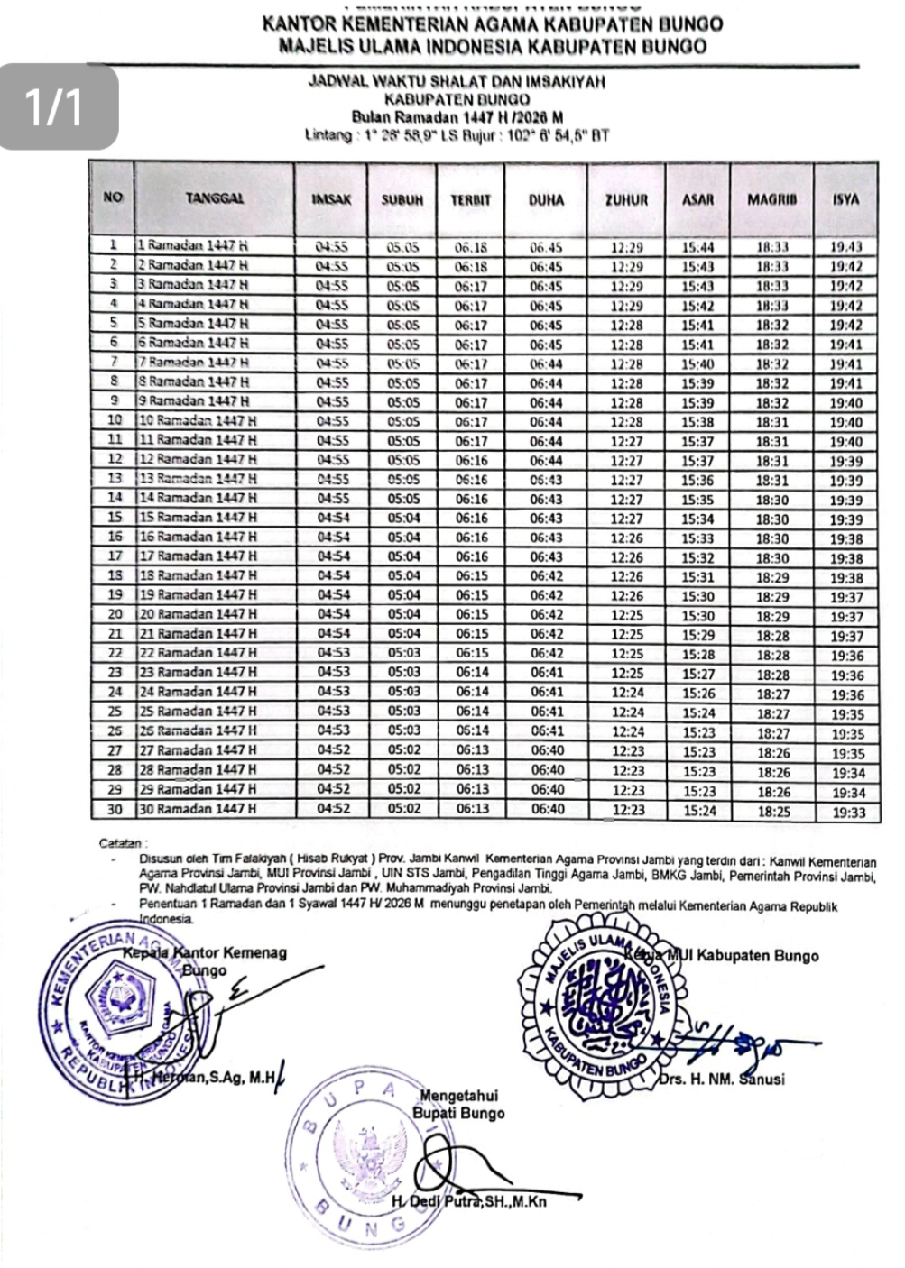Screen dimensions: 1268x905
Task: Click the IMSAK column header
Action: point(331,198)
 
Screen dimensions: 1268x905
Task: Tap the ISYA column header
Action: point(845,198)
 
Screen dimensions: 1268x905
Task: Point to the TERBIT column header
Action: point(470,198)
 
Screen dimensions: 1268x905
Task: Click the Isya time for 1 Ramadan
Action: point(845,246)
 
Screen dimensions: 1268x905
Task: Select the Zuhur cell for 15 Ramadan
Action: point(626,519)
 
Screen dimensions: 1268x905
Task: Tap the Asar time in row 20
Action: point(697,616)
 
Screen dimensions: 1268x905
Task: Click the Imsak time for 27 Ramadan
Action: point(331,751)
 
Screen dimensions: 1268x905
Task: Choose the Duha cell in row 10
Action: point(545,422)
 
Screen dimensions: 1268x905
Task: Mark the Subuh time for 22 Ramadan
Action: point(403,654)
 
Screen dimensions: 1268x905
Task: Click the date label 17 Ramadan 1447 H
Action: point(198,556)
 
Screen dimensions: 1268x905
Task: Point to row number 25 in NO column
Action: point(115,712)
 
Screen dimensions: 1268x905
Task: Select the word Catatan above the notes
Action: point(121,844)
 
